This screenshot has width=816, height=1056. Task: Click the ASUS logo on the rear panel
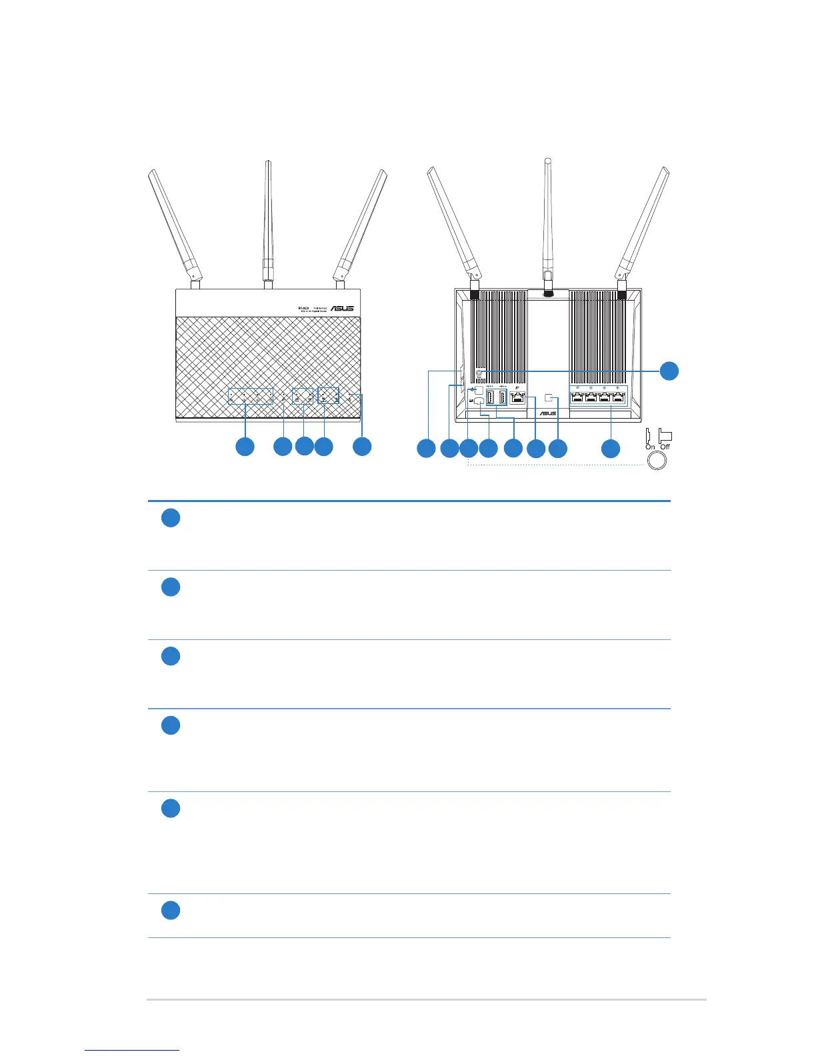[547, 414]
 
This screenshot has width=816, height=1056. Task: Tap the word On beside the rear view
[650, 447]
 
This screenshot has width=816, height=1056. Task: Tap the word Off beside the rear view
[665, 447]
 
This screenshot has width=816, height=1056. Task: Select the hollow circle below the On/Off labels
[657, 460]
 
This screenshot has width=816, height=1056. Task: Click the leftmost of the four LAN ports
[577, 398]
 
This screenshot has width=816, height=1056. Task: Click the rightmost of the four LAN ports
[618, 398]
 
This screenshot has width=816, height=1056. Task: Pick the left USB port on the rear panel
[490, 398]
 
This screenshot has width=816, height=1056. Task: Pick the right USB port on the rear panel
[502, 398]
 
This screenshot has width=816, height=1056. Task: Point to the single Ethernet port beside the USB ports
[518, 399]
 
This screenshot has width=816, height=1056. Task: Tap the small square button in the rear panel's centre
[549, 398]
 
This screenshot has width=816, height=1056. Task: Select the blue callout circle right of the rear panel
[669, 371]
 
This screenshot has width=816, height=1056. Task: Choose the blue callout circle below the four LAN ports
[611, 449]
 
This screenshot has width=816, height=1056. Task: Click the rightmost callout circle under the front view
[362, 446]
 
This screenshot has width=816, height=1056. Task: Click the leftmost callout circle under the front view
[245, 446]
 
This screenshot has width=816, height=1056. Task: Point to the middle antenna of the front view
[268, 220]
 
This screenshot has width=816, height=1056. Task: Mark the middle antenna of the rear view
[547, 220]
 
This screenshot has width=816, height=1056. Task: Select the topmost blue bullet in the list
[171, 518]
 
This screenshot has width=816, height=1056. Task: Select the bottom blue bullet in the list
[171, 910]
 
